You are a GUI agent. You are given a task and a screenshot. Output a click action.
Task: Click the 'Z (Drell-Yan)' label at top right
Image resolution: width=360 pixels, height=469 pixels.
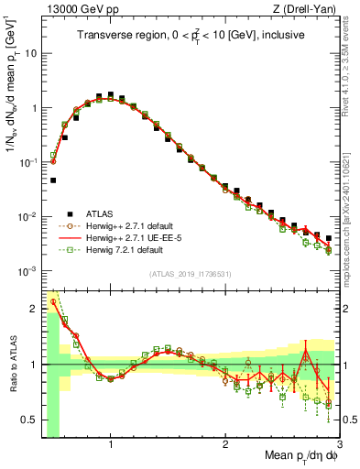pyautogui.click(x=310, y=8)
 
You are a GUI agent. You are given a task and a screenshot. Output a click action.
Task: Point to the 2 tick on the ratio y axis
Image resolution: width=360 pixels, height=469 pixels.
pyautogui.click(x=34, y=308)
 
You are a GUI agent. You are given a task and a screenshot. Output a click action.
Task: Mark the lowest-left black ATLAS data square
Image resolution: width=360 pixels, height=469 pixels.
pyautogui.click(x=54, y=180)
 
